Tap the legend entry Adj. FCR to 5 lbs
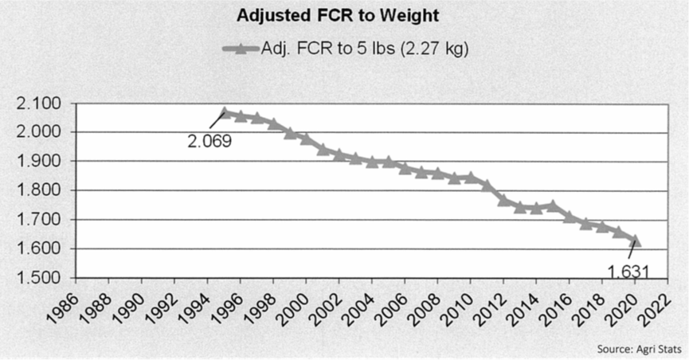[x=363, y=49]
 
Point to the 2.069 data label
[x=209, y=142]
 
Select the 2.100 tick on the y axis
[x=37, y=104]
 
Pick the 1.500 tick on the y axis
[x=37, y=278]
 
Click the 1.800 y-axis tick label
[x=37, y=191]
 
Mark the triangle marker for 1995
[x=224, y=113]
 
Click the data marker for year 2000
[x=306, y=139]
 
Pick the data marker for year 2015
[x=552, y=205]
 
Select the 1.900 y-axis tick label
[x=37, y=162]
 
